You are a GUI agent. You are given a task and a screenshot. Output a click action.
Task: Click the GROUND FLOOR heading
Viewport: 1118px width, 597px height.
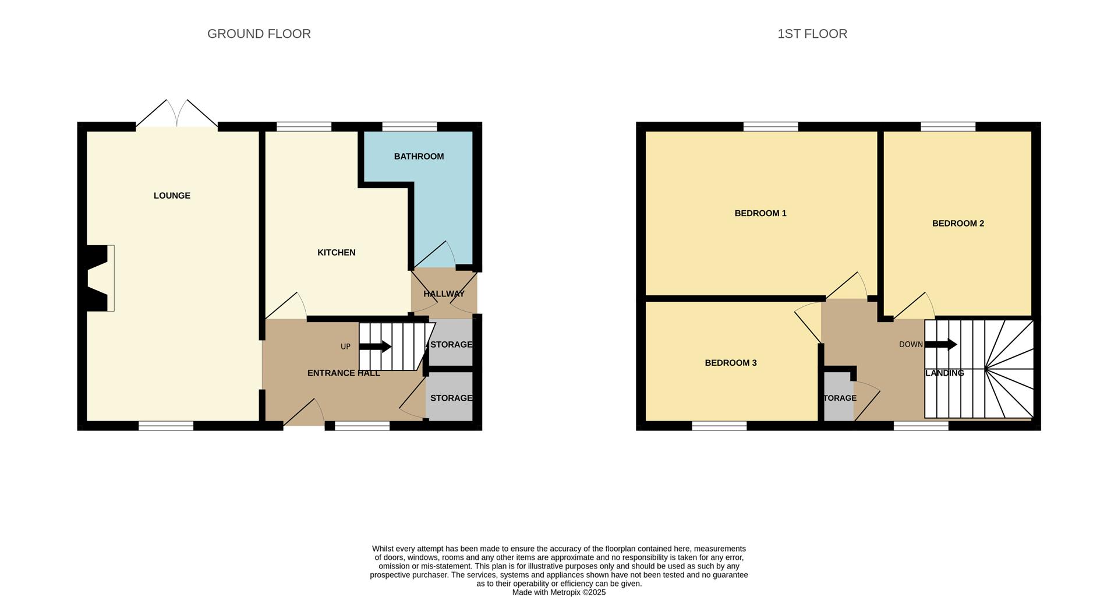coord(259,34)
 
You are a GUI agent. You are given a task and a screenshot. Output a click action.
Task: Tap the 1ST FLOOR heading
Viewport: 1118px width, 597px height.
coord(812,34)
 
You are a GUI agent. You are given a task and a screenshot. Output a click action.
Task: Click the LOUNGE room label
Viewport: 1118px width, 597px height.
coord(172,196)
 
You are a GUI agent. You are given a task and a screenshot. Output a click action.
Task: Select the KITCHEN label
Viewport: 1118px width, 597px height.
coord(336,252)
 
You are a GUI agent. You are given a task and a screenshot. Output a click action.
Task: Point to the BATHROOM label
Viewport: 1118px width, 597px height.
coord(419,156)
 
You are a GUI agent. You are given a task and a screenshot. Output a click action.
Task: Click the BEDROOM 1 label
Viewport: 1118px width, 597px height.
coord(760,213)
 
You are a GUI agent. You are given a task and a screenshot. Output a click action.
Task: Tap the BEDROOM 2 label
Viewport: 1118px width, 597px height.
coord(957,223)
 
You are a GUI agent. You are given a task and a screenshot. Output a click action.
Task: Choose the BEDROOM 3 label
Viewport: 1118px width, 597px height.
coord(730,363)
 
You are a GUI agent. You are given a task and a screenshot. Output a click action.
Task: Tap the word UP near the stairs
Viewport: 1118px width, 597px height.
coord(345,347)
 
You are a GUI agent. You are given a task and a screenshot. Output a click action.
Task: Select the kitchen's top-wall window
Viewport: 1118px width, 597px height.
coord(303,126)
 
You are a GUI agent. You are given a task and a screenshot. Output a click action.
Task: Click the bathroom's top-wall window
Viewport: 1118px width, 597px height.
coord(409,126)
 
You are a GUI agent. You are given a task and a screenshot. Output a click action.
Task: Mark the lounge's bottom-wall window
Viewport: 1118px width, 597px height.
coord(165,426)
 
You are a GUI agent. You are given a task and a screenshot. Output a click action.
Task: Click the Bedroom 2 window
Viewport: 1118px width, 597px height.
coord(947,126)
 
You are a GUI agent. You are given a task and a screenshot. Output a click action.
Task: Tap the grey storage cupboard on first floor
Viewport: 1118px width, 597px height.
coord(838,398)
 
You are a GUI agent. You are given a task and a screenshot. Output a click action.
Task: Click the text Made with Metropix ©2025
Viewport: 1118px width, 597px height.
coord(558,592)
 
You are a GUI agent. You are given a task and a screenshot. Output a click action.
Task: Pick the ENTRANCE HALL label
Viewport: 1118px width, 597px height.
coord(344,373)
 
